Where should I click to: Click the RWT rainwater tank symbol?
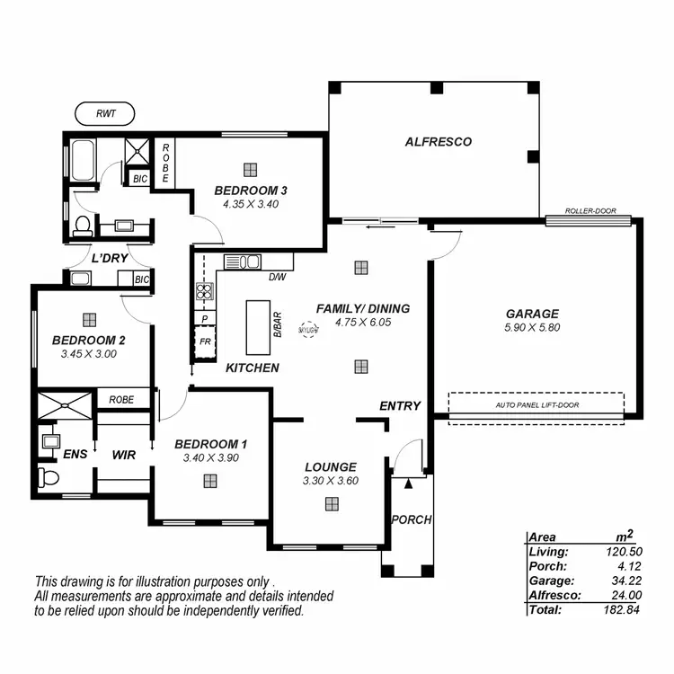pos(104,114)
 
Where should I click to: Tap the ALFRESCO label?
pos(438,142)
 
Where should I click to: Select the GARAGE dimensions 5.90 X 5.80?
pos(532,328)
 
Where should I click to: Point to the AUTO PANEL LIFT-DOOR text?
pos(537,405)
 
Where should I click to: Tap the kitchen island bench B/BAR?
pos(258,327)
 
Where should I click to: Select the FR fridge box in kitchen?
pos(205,341)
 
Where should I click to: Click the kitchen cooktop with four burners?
pos(204,290)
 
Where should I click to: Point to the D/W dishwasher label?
pos(278,277)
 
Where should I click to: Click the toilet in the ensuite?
pos(48,476)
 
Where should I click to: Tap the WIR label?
pos(123,456)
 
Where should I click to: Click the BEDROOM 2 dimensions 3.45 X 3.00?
pos(88,354)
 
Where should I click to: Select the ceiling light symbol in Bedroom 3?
pos(250,168)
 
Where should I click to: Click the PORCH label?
pos(411,519)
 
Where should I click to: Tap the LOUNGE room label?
pos(330,466)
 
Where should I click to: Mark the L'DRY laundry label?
pos(110,258)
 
